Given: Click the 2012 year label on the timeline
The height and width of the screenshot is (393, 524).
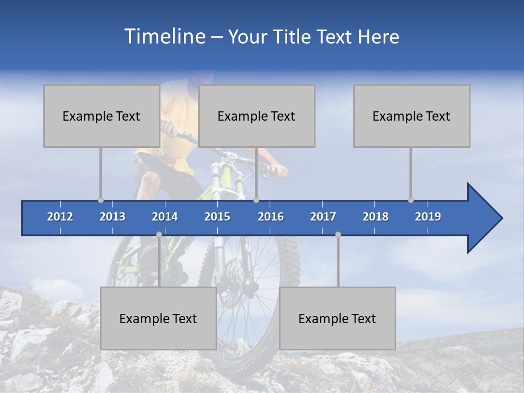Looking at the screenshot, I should coord(60,217).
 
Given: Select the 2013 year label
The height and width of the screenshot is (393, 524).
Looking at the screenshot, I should coord(112,217).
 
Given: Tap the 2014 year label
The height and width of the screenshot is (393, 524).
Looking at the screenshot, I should coord(165,217).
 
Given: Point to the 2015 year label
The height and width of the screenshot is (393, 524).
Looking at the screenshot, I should coord(217,217).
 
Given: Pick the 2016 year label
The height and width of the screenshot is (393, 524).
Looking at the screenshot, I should coord(271,217).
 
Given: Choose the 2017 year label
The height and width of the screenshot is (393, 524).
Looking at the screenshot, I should coord(323,217).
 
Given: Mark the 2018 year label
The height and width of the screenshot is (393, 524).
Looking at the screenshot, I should coord(376,217).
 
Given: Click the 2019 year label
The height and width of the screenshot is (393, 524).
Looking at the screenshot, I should coord(428,217).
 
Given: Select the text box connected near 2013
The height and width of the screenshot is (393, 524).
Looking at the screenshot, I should coord(102,116).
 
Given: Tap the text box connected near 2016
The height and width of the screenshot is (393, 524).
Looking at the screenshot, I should coord(257,116).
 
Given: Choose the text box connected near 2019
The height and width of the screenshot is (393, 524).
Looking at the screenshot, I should coord(412,116).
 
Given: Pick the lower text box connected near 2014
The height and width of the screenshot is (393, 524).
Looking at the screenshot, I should coord(158,318).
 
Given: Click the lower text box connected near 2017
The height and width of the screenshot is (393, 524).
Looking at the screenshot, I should coord(337,318).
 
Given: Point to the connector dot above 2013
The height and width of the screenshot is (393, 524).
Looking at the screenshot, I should coord(100,200).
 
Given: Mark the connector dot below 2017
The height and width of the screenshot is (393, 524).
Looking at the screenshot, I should coord(338,235).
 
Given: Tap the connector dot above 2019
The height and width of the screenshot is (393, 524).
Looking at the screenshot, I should coord(410,200).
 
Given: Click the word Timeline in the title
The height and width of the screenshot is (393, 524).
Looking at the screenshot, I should coord(164,37).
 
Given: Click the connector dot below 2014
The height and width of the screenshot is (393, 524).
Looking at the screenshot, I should coord(159,235).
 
